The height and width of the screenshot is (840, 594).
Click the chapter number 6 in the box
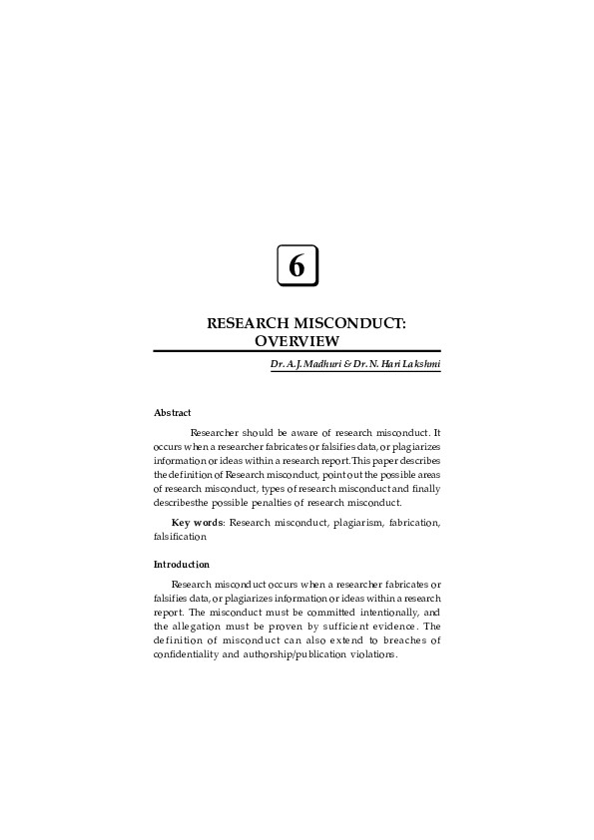click(x=297, y=266)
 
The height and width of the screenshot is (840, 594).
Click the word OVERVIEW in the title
click(x=297, y=341)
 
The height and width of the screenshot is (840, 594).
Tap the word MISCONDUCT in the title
click(x=348, y=324)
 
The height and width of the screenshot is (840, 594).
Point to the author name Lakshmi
click(x=417, y=366)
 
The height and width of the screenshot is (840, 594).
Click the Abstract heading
click(x=172, y=412)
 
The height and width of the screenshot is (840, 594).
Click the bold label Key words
click(x=197, y=522)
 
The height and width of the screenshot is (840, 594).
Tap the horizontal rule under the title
click(x=297, y=352)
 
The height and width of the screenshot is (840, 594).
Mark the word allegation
click(x=201, y=627)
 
